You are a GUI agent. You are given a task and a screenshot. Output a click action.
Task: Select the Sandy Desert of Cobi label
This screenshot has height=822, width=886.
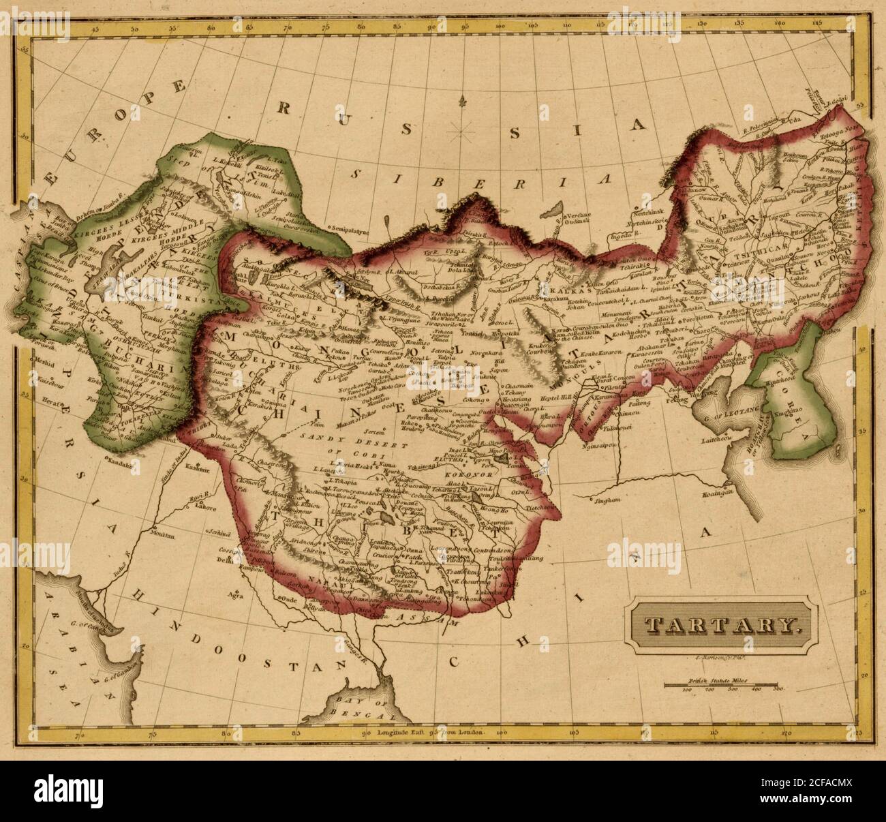[341, 444]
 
